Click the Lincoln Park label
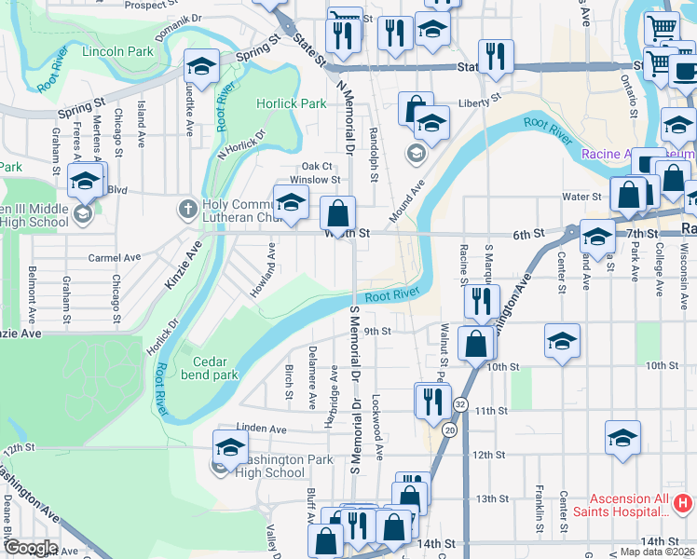point(117,52)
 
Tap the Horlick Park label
point(292,103)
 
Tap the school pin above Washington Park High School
point(230,447)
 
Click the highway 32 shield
point(460,405)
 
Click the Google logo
point(30,548)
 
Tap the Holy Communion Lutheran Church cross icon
point(186,209)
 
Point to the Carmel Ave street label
point(114,257)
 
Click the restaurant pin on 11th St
point(431,400)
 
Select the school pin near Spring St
point(201,67)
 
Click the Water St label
point(581,197)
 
